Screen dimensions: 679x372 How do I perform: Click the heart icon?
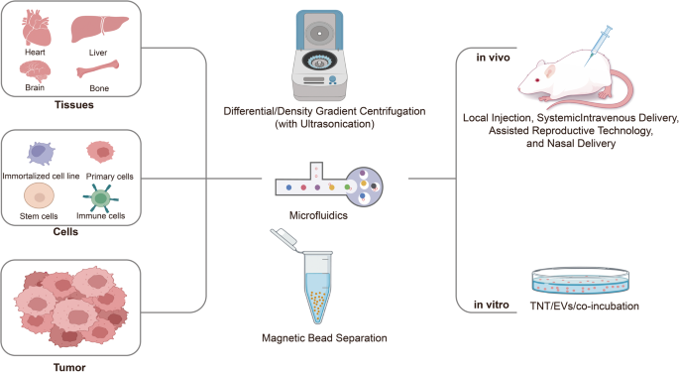(x=37, y=28)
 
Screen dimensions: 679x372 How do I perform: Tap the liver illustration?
(x=99, y=29)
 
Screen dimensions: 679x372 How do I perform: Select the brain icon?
(x=35, y=71)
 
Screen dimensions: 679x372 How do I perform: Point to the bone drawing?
(x=98, y=68)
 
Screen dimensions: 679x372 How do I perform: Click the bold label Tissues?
(x=74, y=105)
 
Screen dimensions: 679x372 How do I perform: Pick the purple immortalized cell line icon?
(x=42, y=153)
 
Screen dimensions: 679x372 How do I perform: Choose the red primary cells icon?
(x=101, y=152)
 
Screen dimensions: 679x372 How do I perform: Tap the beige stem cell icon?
(x=39, y=196)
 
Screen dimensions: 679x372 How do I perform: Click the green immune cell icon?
(x=100, y=198)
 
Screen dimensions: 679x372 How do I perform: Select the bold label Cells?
(x=65, y=232)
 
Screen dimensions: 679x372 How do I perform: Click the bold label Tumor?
(x=69, y=368)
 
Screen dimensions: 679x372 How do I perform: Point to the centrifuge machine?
(x=319, y=56)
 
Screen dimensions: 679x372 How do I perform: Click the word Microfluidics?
(x=318, y=215)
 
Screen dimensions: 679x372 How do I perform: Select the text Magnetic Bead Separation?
(x=324, y=338)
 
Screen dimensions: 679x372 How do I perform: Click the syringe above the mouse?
(x=598, y=46)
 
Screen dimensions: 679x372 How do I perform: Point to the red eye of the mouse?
(x=537, y=79)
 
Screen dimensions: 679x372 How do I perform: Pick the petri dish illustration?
(x=580, y=281)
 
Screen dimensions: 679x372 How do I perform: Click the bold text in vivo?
(x=493, y=58)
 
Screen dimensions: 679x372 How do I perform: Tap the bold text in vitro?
(x=491, y=306)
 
